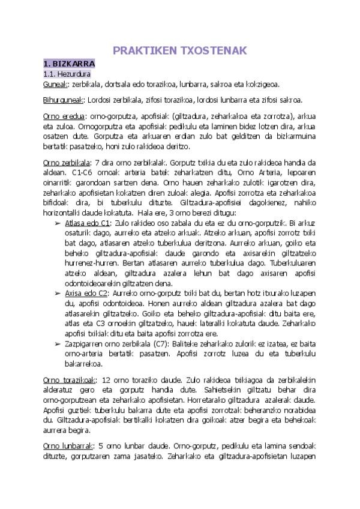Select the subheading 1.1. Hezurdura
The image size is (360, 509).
pos(66,73)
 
